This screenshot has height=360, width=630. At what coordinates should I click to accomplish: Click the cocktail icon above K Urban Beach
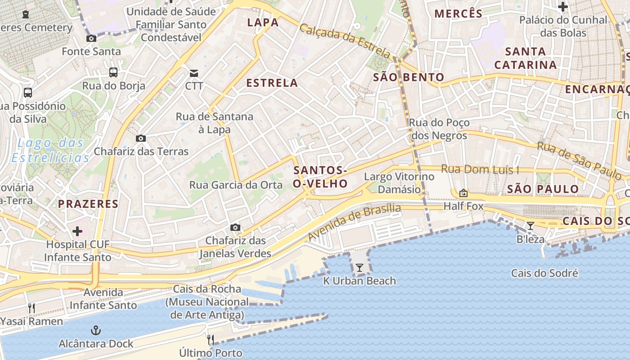coord(359,268)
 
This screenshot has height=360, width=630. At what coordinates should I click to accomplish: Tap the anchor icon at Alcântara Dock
coord(95,331)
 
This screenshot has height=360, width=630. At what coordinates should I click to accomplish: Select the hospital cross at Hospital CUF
coord(77,231)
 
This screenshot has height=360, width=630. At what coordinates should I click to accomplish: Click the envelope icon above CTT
coord(194,73)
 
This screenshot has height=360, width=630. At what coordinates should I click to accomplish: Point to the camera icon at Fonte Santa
coord(91,39)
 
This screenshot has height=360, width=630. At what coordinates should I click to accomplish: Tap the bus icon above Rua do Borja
coord(113,72)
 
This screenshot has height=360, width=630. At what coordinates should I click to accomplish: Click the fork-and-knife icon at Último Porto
coord(210,339)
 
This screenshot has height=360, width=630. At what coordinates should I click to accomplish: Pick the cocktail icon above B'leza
coord(531,225)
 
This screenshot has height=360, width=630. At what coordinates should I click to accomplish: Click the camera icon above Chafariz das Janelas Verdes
coord(235,228)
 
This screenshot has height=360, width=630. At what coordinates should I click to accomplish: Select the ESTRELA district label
coord(272,83)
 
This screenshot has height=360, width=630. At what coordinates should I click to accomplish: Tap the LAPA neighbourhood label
coord(263,22)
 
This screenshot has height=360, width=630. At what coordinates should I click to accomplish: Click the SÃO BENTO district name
coord(409,77)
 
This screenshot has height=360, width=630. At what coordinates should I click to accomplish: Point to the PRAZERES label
coord(88,204)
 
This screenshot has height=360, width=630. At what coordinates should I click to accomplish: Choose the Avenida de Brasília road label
coord(354,222)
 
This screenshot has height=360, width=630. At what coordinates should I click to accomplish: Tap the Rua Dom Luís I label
coord(480,170)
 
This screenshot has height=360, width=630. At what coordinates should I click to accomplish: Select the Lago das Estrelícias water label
coord(50,150)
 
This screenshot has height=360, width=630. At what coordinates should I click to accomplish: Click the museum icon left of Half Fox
coord(463,193)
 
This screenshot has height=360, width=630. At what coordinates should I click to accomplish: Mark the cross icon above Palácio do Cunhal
coord(562,7)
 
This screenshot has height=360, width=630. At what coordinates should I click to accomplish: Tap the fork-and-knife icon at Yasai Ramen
coord(31,308)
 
